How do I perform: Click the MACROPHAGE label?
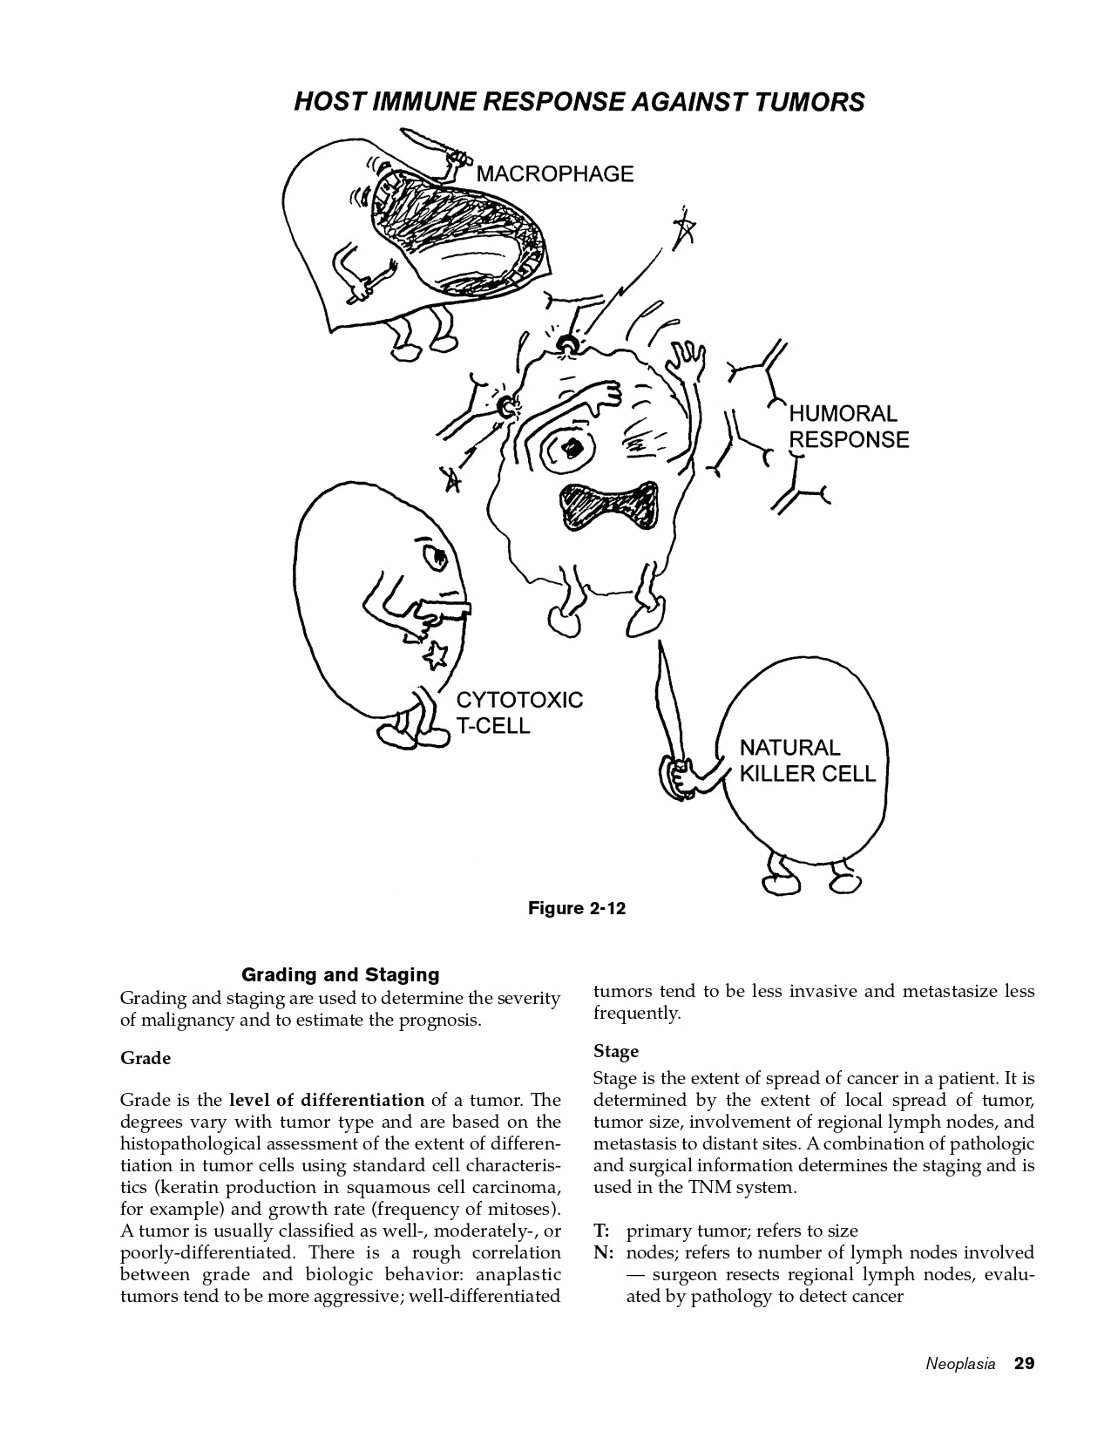pos(554,173)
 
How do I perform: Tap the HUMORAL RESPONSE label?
pos(848,426)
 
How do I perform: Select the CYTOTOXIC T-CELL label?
pos(519,712)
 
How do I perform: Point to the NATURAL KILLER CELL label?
pos(807,760)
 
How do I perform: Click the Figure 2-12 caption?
pos(577,908)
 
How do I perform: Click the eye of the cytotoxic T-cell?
pos(434,554)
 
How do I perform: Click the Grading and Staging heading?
pos(340,974)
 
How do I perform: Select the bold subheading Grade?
pos(146,1058)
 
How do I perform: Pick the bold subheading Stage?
pos(616,1051)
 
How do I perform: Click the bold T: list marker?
pos(601,1231)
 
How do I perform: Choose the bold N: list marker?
pos(604,1252)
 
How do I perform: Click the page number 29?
pos(1024,1363)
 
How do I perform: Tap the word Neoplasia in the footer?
pos(959,1364)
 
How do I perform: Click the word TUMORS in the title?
pos(810,102)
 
